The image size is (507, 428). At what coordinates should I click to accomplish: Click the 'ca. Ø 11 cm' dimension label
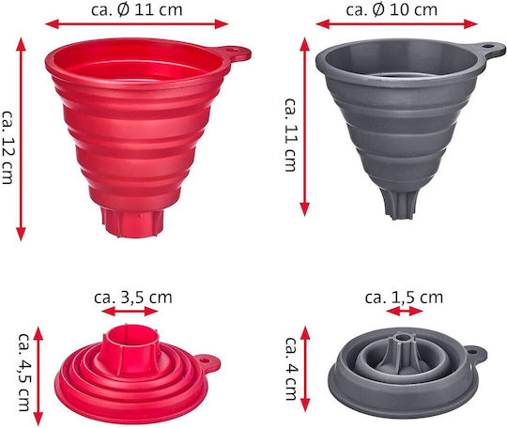click(137, 9)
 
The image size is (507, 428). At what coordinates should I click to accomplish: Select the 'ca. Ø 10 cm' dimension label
click(392, 9)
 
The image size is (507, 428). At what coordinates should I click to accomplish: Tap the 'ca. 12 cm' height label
click(8, 147)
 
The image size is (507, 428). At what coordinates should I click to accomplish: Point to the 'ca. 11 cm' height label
click(290, 134)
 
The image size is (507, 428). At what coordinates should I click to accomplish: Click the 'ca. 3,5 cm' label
click(133, 298)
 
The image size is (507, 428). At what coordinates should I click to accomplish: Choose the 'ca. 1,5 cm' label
click(404, 298)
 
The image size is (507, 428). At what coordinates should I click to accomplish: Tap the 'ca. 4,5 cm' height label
click(24, 372)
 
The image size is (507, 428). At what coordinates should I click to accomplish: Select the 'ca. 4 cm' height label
click(292, 369)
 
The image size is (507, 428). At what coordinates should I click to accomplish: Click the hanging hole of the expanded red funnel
click(231, 51)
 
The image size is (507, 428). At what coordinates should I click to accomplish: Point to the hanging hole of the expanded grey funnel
click(487, 46)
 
